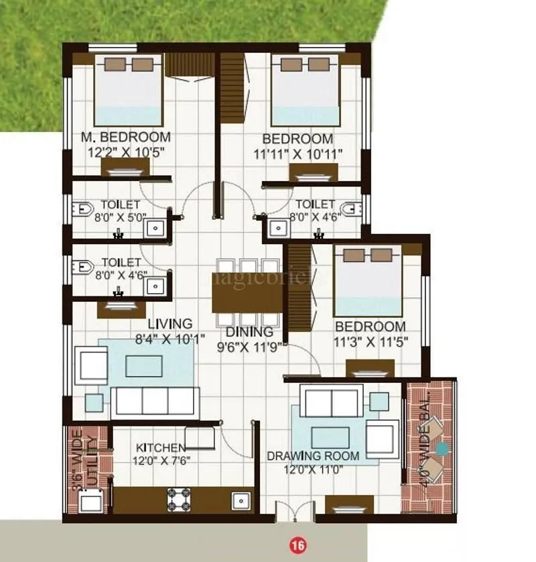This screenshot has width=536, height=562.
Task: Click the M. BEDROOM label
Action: pos(125,137)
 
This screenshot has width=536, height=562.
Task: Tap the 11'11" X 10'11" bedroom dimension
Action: pos(298,154)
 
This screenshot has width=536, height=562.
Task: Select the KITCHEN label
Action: pos(161,447)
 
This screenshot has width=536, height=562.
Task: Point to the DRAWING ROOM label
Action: pos(313,456)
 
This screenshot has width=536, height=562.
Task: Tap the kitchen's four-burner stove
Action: pos(180,499)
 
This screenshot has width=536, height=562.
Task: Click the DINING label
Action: pos(249,332)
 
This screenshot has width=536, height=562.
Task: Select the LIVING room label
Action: pos(170,324)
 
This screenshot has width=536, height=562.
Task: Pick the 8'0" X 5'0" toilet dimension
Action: pos(120,216)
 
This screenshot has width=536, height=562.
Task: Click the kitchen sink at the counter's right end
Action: pos(240,500)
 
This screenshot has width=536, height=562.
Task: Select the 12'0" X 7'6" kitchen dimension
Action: pos(161,461)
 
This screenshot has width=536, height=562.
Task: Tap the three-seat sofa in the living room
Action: pos(155,401)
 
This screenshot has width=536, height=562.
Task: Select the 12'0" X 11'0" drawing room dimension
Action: pos(313,469)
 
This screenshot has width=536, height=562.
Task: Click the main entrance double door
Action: pos(295,514)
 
